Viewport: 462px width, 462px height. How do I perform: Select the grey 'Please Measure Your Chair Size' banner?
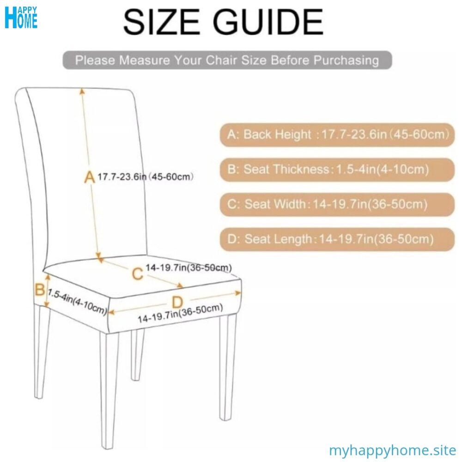[227, 60]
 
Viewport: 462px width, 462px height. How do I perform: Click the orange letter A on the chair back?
[89, 176]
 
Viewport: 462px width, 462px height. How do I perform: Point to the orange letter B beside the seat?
[40, 290]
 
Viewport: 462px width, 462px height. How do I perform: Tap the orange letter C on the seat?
[137, 274]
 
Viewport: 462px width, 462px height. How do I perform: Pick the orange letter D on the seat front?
[177, 303]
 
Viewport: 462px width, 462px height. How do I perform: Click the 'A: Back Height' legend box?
[337, 135]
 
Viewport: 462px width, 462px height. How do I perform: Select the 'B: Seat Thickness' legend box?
[337, 170]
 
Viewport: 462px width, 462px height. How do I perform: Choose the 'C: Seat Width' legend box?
[337, 204]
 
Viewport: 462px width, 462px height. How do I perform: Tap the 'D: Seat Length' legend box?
[337, 239]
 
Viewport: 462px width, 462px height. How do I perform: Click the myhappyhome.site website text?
[392, 450]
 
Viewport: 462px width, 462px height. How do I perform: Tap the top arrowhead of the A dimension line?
[83, 91]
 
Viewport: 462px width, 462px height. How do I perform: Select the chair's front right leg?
[227, 365]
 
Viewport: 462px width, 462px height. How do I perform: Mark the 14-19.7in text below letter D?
[180, 314]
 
